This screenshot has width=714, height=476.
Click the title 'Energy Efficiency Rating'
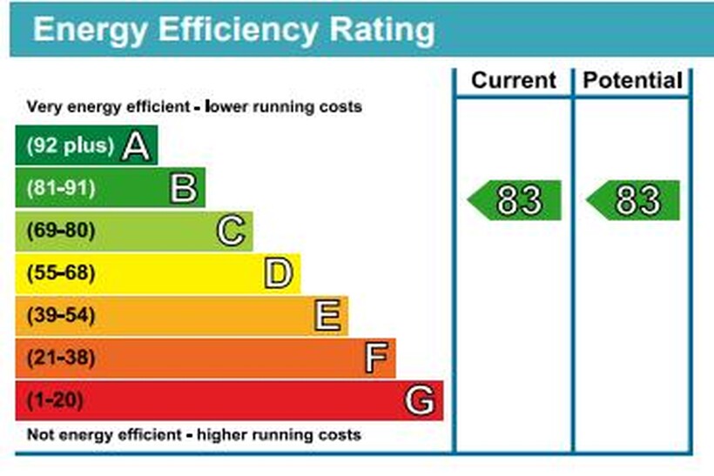[233, 30]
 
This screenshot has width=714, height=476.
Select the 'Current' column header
[513, 81]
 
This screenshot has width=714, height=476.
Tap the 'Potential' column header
[632, 81]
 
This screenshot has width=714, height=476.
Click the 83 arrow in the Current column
[515, 200]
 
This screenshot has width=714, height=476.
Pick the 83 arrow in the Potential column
[634, 200]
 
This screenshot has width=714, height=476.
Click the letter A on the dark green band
[136, 145]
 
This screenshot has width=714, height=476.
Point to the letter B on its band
[184, 188]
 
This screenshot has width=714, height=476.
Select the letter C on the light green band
[231, 231]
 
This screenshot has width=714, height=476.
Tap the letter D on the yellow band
[279, 273]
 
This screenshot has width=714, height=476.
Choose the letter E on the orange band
[327, 315]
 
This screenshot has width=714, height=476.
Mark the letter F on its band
[374, 358]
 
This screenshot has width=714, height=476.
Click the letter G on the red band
[420, 400]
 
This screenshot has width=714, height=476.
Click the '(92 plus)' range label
[71, 145]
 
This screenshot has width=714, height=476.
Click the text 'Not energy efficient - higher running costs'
[193, 434]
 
